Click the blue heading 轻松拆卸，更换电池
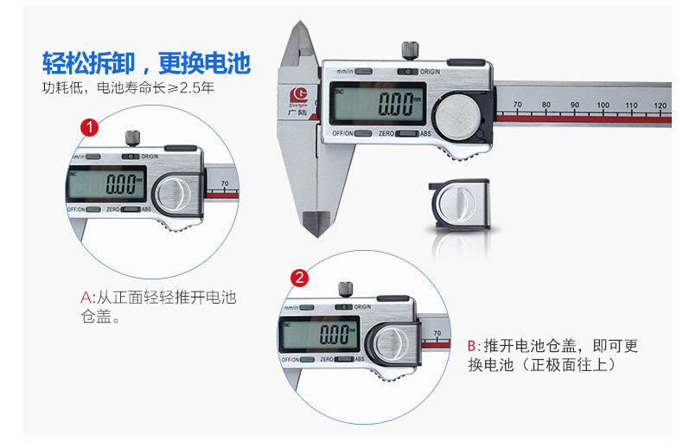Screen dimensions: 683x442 [x=146, y=63]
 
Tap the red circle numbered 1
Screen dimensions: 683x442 [x=89, y=127]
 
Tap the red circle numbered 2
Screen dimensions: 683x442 [x=299, y=278]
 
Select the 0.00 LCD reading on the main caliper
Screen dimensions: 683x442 [x=397, y=107]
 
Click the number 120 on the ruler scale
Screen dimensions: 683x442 [x=660, y=106]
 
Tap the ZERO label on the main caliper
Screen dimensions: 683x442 [x=387, y=134]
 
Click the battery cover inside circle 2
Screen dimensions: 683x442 [x=393, y=339]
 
